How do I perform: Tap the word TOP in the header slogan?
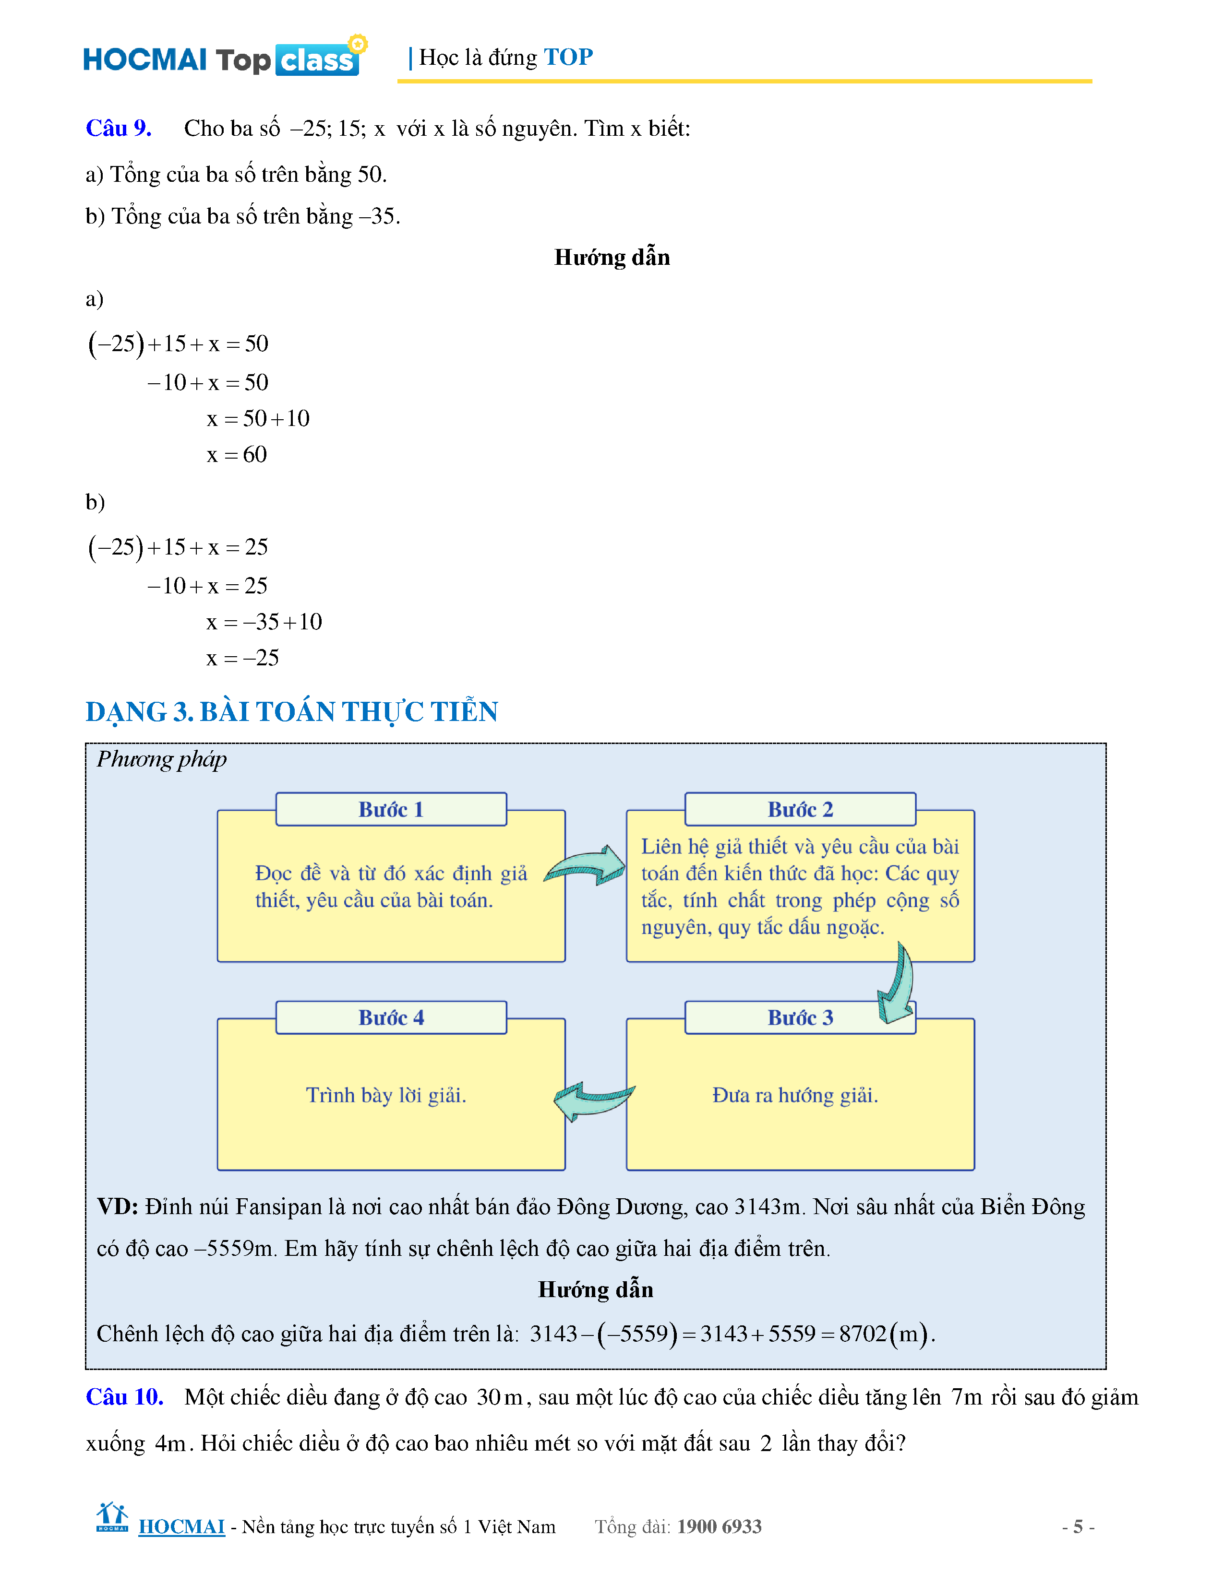coord(568,57)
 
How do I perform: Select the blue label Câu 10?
coord(124,1397)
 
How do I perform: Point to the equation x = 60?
coord(236,454)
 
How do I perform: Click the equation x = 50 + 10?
coord(257,418)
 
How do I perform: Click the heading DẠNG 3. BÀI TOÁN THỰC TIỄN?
coord(291,712)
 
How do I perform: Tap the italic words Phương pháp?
coord(162,759)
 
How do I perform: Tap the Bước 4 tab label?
coord(391,1017)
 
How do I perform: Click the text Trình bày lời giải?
coord(386,1095)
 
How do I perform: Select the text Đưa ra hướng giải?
coord(795,1095)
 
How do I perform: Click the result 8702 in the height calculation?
coord(863,1334)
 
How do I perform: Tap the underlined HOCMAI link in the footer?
coord(181,1526)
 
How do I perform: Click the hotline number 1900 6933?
coord(720,1526)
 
